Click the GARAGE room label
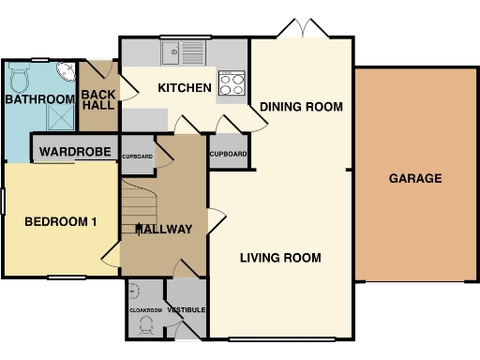click(416, 178)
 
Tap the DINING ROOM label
click(301, 105)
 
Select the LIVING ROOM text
click(280, 258)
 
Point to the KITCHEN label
click(184, 88)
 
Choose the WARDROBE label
click(76, 152)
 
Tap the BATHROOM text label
click(38, 99)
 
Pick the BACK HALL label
click(97, 100)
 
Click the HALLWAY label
click(164, 230)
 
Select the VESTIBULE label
click(187, 309)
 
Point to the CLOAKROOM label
click(144, 309)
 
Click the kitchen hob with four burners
click(231, 83)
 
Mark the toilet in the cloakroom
click(145, 325)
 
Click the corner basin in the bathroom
click(65, 73)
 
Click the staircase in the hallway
click(137, 214)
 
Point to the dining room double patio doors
click(302, 31)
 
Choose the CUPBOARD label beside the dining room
click(229, 154)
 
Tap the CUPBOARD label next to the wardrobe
click(137, 157)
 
